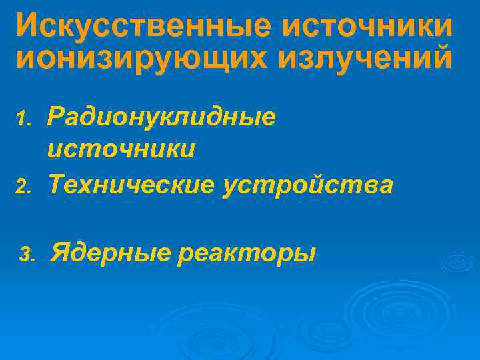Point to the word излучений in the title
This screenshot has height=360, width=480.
pos(364,59)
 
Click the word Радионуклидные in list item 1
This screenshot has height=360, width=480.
pos(161,118)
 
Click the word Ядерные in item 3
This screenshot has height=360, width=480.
pos(109,253)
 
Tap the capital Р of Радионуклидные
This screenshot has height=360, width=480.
pos(56,118)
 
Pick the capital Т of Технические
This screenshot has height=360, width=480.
pos(56,184)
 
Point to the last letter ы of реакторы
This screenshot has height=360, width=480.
pos(305,255)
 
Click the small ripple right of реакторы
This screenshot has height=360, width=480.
pos(457,261)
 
